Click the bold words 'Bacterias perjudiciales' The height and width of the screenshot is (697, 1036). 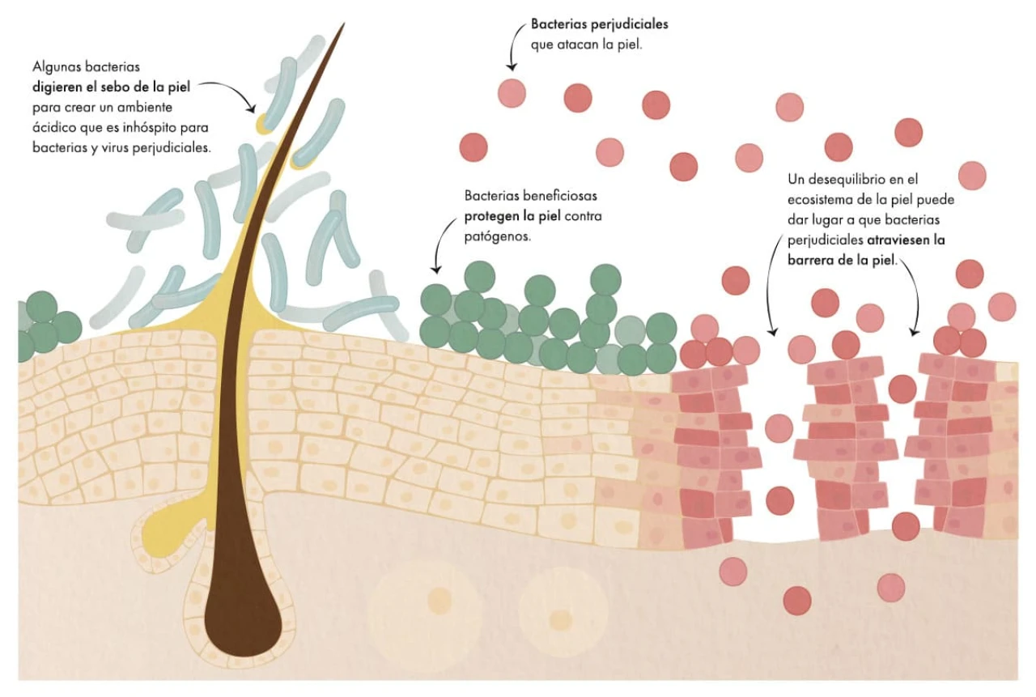(x=599, y=24)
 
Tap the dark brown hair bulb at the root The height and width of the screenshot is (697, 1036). (x=243, y=615)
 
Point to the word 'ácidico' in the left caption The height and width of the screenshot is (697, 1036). (x=55, y=127)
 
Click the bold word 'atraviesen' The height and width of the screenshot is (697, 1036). (x=905, y=240)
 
